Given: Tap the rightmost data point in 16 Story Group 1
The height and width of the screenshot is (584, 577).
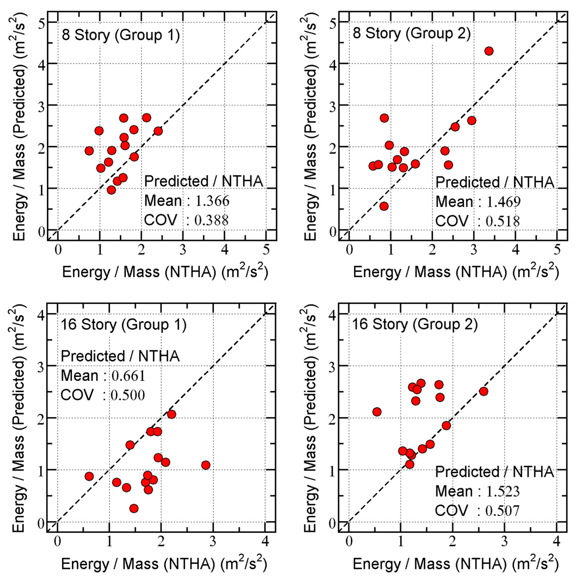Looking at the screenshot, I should coord(206,465).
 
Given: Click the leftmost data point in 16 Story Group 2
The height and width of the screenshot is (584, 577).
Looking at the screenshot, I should coord(377,412).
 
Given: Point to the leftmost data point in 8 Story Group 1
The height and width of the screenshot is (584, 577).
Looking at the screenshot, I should coord(89,151).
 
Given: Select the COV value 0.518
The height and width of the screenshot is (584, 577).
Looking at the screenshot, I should coord(503,221).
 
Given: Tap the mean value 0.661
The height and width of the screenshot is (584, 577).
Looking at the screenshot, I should coord(128,376).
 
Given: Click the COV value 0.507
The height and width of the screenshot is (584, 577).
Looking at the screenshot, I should coord(502,511).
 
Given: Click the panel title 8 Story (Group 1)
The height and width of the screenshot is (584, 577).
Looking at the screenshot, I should coord(121,35).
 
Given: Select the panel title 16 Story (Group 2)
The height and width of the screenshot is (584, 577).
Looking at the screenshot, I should coord(415,324).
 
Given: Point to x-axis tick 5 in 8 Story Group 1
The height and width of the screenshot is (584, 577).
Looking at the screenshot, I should coord(266,250).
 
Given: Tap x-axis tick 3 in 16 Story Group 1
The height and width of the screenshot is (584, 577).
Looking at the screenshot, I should coord(213,541).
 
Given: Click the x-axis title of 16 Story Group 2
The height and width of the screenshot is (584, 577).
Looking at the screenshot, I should coord(456,564).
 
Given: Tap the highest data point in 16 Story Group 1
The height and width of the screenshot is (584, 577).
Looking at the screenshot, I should coord(172,414).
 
